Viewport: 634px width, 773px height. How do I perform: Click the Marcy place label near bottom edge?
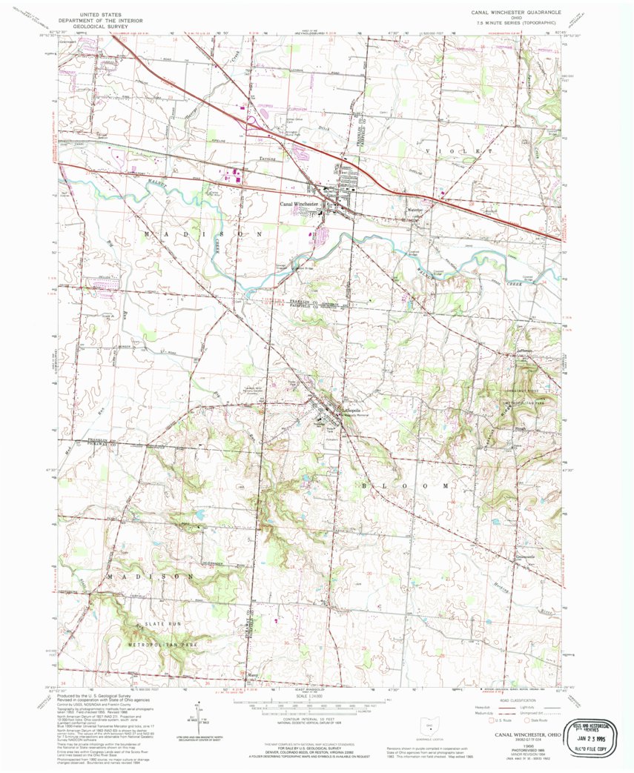coord(252,676)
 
